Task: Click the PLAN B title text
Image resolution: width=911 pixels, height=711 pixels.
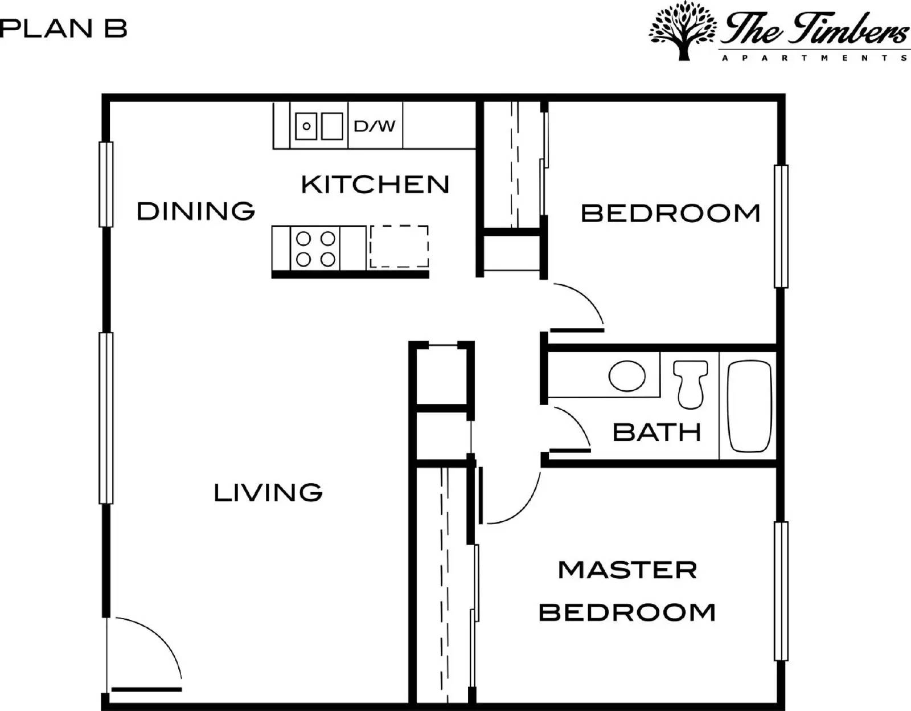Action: click(x=63, y=28)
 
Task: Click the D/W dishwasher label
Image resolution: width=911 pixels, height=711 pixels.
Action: click(x=374, y=126)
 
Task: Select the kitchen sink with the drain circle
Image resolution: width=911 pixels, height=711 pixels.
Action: click(x=306, y=126)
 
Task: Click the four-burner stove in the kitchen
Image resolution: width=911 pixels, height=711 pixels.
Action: click(x=315, y=248)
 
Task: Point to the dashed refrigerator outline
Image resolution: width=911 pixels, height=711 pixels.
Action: click(x=399, y=246)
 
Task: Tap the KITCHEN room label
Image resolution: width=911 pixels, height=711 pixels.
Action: click(x=375, y=185)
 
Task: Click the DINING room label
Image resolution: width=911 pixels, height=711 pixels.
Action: click(x=196, y=211)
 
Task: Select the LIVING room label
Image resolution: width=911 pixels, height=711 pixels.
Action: click(x=268, y=493)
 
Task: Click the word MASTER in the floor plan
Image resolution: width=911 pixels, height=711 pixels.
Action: click(x=627, y=570)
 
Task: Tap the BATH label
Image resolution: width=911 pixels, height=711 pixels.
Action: click(x=656, y=432)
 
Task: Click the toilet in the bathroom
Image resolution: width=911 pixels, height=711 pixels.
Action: click(x=691, y=385)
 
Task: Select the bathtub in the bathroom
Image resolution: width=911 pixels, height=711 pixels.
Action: click(x=749, y=406)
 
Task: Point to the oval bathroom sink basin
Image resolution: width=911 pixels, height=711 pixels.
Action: click(x=627, y=376)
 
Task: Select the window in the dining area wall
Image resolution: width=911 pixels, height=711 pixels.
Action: click(x=106, y=184)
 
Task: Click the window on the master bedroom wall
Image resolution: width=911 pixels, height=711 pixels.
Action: click(x=781, y=591)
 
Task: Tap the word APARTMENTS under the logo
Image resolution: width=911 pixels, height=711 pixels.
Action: click(x=814, y=58)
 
